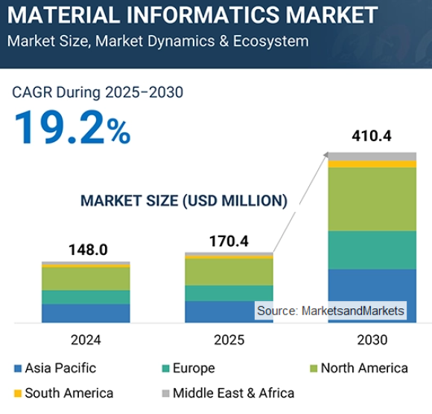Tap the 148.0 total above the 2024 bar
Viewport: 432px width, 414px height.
[86, 249]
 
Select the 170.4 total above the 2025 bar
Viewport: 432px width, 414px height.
[229, 241]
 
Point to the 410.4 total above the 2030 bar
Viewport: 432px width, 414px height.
[372, 136]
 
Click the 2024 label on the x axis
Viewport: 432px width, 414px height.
[86, 340]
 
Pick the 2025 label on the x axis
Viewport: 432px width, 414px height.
[229, 340]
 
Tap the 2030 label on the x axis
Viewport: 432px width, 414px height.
[372, 340]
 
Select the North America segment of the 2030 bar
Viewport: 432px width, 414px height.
[372, 198]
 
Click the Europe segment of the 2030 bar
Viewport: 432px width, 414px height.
[372, 250]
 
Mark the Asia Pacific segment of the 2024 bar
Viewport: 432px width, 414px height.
[86, 313]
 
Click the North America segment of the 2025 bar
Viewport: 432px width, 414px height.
[229, 271]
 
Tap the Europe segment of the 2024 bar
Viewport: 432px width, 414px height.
[86, 297]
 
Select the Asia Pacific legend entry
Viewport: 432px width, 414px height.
[55, 368]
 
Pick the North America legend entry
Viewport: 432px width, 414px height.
[358, 368]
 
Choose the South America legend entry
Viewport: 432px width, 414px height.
[63, 392]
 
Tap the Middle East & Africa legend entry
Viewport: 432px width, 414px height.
[227, 392]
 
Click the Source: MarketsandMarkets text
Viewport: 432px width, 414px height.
[331, 311]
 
